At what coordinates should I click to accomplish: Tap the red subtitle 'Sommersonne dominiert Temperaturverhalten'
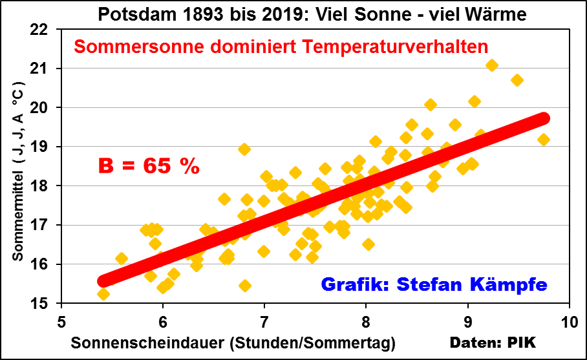[281, 47]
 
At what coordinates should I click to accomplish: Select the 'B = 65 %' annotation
[149, 166]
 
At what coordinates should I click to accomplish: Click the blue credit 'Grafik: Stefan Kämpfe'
[434, 284]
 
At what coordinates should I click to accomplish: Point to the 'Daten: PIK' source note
[502, 341]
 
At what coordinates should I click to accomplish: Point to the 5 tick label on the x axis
[61, 321]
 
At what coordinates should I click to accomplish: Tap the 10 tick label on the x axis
[569, 321]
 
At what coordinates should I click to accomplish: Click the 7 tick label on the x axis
[264, 321]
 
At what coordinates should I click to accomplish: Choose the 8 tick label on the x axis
[365, 321]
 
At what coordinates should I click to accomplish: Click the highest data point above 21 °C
[492, 65]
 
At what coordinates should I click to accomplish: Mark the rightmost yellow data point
[544, 140]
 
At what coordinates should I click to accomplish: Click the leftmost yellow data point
[103, 294]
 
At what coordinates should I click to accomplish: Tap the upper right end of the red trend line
[543, 118]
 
